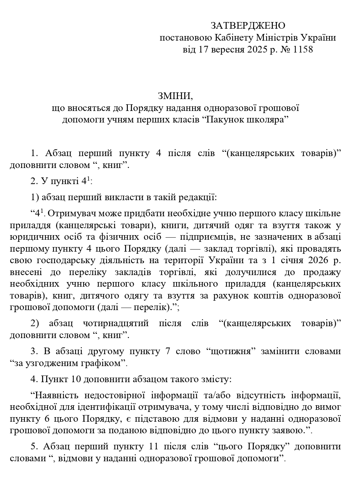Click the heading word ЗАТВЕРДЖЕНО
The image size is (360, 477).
(x=248, y=26)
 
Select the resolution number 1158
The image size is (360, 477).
(x=303, y=49)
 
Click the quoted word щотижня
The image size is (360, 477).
(x=230, y=351)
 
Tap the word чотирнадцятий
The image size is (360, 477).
(x=116, y=323)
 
